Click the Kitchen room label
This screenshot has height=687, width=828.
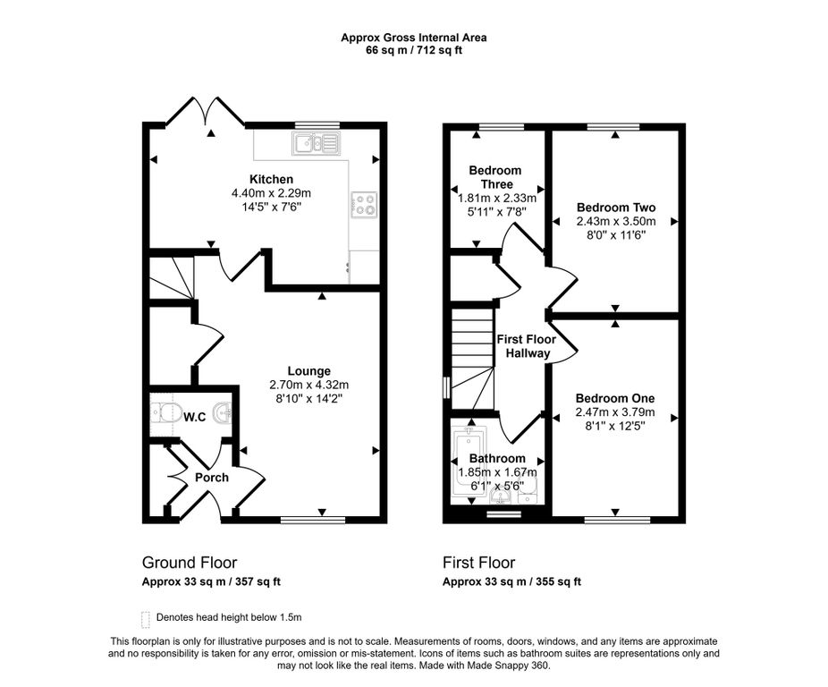(x=272, y=179)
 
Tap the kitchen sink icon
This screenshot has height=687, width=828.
(x=316, y=143)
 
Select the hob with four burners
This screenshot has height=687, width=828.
(x=364, y=205)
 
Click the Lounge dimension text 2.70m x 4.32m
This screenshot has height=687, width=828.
(x=308, y=385)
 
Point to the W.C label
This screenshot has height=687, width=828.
(x=194, y=417)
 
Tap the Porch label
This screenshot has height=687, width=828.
(x=212, y=478)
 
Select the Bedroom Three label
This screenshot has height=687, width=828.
(x=495, y=177)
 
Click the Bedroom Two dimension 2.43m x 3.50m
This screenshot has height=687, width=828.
(x=616, y=222)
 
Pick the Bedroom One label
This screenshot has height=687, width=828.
(x=614, y=398)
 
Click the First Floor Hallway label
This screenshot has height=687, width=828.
(x=527, y=346)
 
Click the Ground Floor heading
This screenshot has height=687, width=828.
(x=190, y=563)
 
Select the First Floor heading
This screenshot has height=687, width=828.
(x=478, y=563)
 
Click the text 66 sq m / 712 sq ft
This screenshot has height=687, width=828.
(x=413, y=51)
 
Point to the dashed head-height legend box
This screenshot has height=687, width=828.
(x=146, y=618)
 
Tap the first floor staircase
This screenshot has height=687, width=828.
(x=473, y=360)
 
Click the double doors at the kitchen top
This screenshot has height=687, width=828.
(x=205, y=112)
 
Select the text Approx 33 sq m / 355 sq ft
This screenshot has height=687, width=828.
(x=511, y=581)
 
